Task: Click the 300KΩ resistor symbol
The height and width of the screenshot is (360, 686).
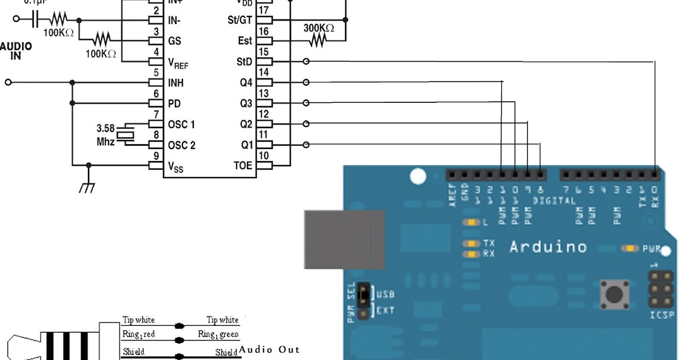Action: coord(318,41)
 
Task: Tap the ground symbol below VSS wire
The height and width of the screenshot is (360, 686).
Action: coord(87,187)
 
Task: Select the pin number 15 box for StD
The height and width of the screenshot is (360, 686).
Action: coord(264,61)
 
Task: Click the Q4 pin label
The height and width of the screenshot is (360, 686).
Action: coord(246,83)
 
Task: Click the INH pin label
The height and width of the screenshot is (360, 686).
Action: coord(176,83)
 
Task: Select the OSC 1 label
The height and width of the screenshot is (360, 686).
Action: coord(181,125)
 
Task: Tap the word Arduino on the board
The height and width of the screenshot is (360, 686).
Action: coord(548,247)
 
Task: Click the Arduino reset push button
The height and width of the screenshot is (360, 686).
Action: coord(615,295)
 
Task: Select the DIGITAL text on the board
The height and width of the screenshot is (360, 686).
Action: coord(554,201)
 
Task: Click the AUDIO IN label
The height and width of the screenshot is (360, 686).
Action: coord(16,51)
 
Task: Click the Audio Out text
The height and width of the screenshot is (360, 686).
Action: coord(269,349)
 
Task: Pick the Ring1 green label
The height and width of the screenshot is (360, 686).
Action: coord(218,334)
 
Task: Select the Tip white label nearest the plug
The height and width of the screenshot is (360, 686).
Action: coord(138,320)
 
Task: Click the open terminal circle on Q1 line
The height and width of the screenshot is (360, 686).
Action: coord(306,145)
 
